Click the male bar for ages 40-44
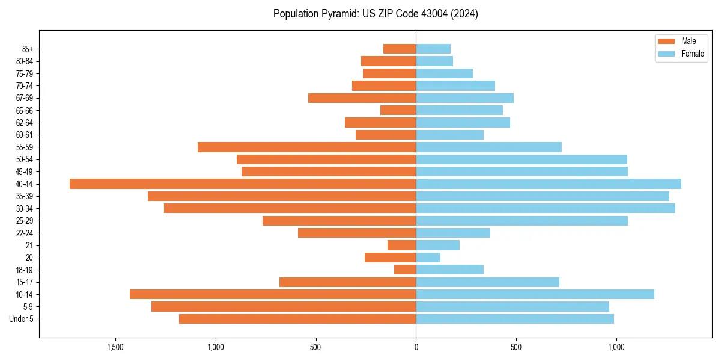pos(243,184)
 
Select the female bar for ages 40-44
pos(549,184)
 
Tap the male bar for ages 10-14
pos(273,294)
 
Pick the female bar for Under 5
pos(515,319)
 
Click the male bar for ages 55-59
pos(306,147)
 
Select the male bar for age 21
pos(401,245)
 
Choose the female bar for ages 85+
pos(433,49)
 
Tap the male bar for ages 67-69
pos(362,98)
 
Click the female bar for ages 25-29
pos(522,221)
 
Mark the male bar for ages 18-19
pos(405,270)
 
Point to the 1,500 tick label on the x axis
pos(115,347)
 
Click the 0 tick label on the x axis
pos(416,347)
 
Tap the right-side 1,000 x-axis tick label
pos(616,347)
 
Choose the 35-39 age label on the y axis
pos(24,196)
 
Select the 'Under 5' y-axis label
pos(22,319)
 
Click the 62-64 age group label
pos(24,123)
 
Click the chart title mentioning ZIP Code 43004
pos(376,14)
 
